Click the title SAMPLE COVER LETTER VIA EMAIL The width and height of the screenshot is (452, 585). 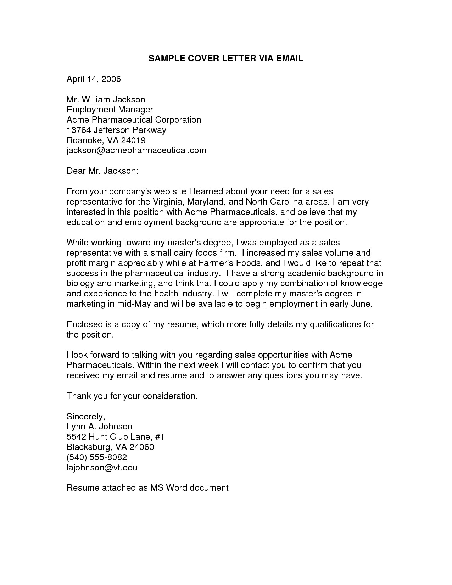226,59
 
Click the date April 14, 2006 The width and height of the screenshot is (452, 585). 94,79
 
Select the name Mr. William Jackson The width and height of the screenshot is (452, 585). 106,100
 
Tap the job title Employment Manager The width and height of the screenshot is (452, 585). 110,110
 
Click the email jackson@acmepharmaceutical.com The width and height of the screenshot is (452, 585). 136,150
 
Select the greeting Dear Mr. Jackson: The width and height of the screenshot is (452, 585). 102,171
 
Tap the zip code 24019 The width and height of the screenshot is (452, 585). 133,140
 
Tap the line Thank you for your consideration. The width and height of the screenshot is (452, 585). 132,396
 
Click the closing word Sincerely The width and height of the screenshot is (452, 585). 85,417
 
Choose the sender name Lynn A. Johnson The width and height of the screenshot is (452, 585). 99,427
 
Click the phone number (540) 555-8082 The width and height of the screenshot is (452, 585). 96,457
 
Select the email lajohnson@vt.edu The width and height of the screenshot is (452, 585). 102,468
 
